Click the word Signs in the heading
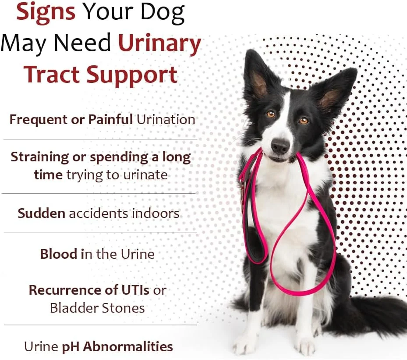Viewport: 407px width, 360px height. [46, 12]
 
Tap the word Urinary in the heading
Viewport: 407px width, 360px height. [159, 44]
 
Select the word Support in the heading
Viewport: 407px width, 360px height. [131, 75]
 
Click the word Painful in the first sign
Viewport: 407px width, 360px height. [110, 119]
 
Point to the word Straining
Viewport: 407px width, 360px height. [40, 158]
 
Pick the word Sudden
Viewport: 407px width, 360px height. [41, 214]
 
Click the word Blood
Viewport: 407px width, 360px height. [59, 254]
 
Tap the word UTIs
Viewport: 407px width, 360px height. [135, 290]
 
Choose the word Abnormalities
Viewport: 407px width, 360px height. [128, 346]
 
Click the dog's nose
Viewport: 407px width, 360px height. [280, 146]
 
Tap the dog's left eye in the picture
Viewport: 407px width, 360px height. [271, 114]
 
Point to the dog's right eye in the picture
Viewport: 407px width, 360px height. [304, 121]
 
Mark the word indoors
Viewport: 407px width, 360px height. [156, 214]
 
